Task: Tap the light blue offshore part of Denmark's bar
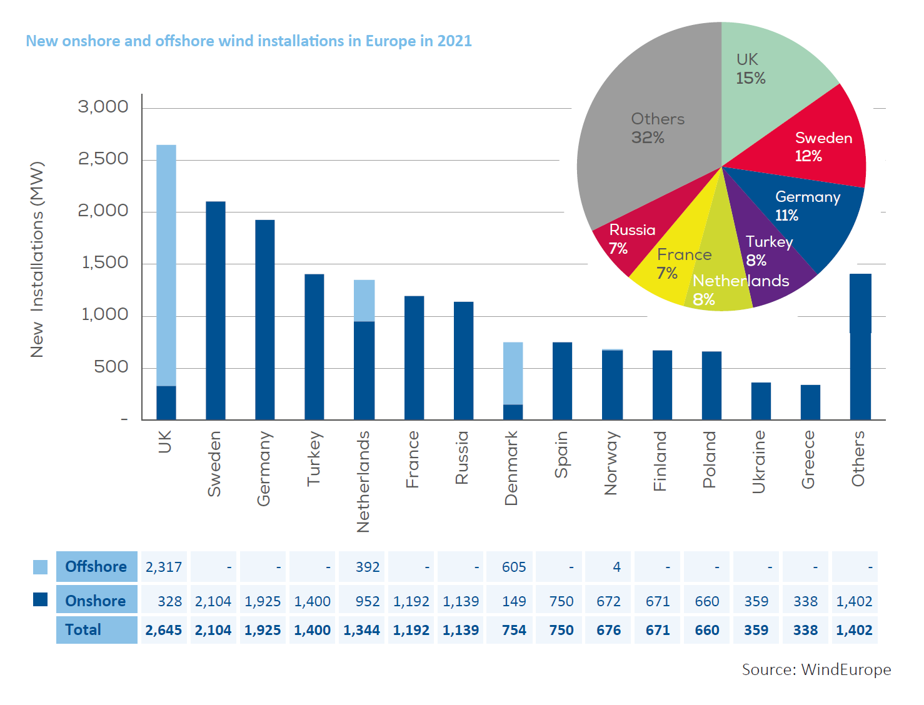[x=513, y=373]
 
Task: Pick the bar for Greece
[x=810, y=402]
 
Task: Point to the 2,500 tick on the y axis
[x=103, y=159]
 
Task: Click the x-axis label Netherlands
[x=363, y=481]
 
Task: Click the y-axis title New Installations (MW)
[x=38, y=259]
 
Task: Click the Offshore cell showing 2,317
[x=164, y=567]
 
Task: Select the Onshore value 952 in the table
[x=368, y=601]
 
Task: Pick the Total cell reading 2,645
[x=164, y=630]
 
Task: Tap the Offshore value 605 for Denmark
[x=514, y=567]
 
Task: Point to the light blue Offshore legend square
[x=40, y=567]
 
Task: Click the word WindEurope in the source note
[x=846, y=669]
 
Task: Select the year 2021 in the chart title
[x=454, y=41]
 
